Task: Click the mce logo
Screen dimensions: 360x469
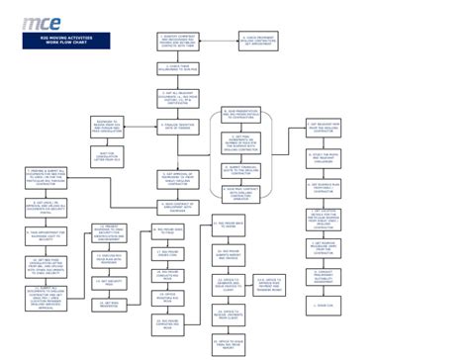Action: coord(44,23)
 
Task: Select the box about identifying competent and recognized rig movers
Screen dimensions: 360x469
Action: coord(179,42)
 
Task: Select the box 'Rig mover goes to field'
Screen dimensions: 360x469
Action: coord(166,230)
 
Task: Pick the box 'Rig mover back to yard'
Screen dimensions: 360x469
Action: coord(229,227)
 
